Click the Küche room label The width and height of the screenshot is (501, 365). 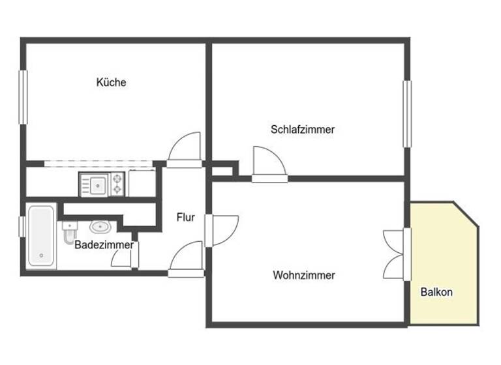[111, 83]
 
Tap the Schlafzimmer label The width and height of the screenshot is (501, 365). [302, 129]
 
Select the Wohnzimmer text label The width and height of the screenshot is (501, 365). [303, 275]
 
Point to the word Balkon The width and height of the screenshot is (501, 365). [436, 292]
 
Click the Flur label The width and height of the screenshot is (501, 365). [185, 218]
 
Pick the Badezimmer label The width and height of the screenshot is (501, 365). [104, 245]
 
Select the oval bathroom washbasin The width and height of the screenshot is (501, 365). [99, 227]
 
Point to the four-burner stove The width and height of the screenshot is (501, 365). [117, 184]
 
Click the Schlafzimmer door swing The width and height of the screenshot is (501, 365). [267, 162]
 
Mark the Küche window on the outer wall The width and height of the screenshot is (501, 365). [23, 98]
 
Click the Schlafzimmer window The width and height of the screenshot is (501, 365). [408, 113]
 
